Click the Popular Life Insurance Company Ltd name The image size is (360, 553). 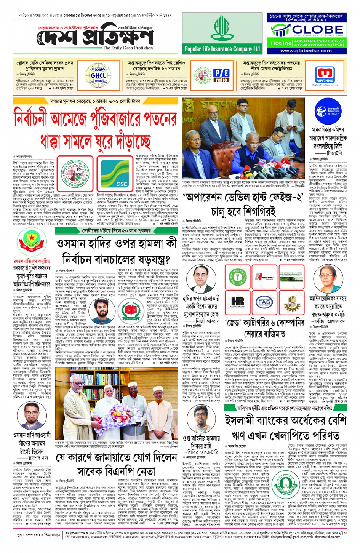point(222,49)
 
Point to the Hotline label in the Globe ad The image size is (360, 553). point(281,43)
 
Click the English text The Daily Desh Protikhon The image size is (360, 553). point(128,48)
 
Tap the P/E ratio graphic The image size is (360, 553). point(221,75)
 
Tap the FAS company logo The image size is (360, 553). point(264,302)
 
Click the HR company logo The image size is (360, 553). point(238,302)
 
